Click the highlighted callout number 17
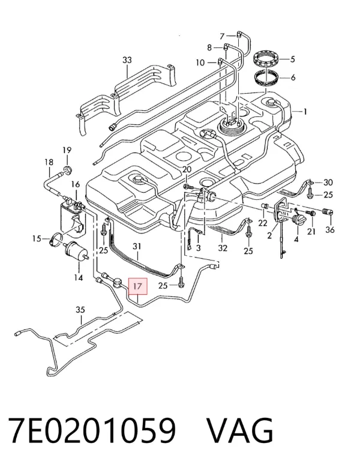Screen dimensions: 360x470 138,286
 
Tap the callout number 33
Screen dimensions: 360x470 127,60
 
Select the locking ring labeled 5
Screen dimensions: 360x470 267,59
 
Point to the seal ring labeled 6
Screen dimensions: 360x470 267,77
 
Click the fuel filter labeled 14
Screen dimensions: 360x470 76,250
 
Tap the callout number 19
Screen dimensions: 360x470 67,150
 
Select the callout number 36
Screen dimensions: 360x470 330,230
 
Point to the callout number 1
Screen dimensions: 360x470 305,112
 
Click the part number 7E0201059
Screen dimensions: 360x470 92,430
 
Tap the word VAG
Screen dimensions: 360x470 240,430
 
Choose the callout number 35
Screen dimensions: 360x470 80,310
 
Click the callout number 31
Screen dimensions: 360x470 137,246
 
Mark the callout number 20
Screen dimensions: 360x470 187,169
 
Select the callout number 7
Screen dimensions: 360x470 221,36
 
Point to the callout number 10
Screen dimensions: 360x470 200,62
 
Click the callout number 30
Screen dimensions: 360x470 328,182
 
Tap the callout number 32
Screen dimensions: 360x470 223,248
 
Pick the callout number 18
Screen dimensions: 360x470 49,162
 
